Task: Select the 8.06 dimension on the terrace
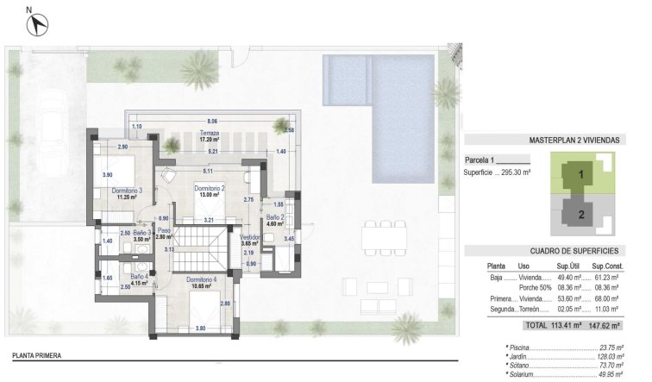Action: tap(212, 121)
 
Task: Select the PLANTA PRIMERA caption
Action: tap(36, 354)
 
